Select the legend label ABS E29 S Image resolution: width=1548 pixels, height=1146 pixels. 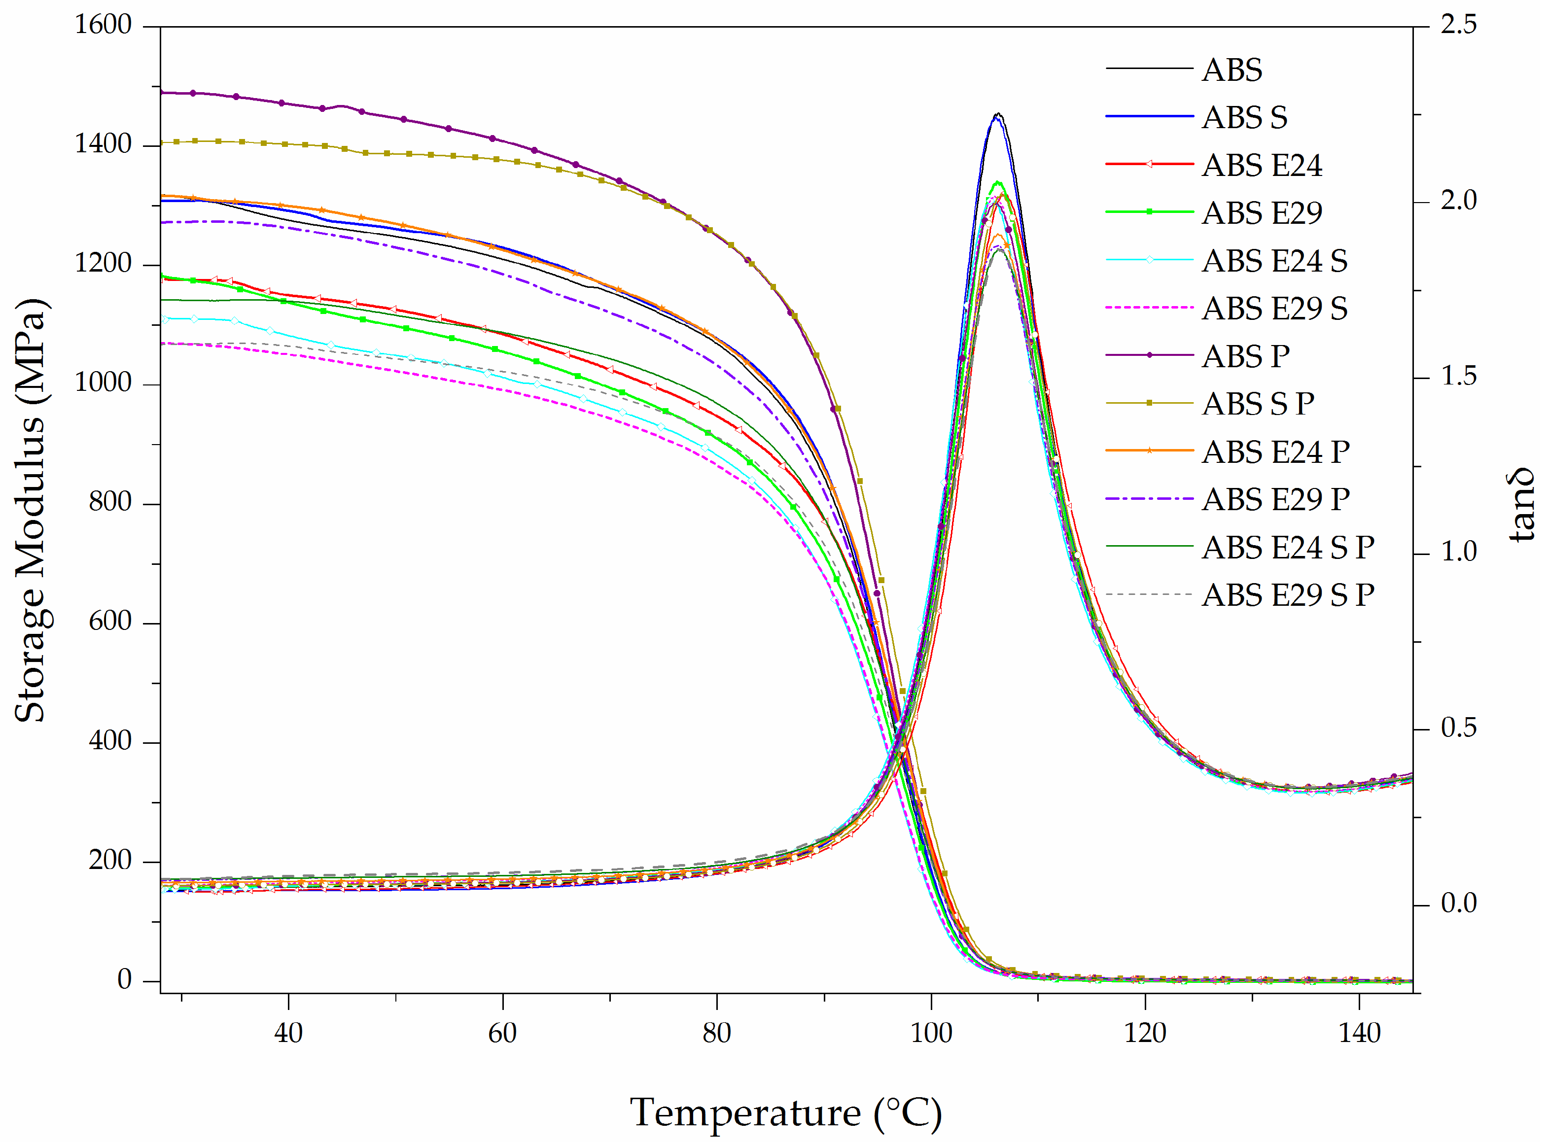[x=1274, y=309]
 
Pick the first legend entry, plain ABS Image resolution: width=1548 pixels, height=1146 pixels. [x=1231, y=70]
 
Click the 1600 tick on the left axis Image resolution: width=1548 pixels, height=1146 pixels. [x=103, y=25]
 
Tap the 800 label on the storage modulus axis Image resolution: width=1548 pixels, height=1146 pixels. [x=109, y=502]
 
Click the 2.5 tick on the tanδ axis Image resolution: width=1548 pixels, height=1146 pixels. [x=1458, y=25]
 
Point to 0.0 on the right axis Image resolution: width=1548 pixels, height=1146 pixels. [x=1458, y=903]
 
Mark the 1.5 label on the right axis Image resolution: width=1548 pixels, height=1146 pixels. [x=1458, y=377]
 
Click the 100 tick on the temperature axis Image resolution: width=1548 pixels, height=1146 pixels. [x=930, y=1034]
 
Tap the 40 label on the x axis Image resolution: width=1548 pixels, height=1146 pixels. [x=288, y=1034]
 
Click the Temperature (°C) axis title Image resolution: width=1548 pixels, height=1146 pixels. [x=785, y=1113]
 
